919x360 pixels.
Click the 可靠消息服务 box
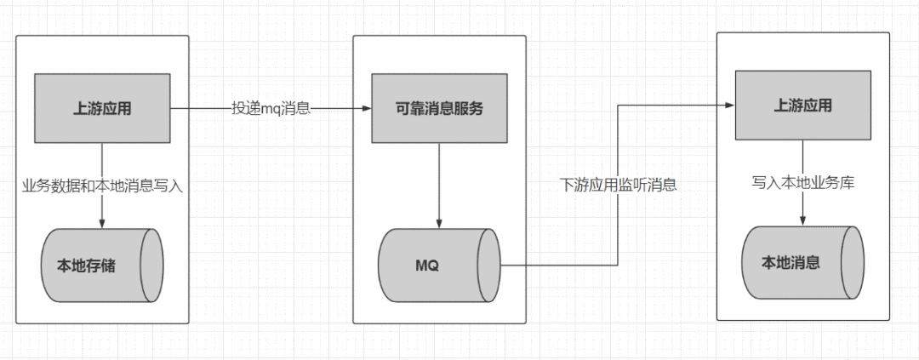click(x=440, y=108)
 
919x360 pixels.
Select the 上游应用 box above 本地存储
click(x=102, y=108)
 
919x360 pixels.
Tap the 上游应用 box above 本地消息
click(x=802, y=106)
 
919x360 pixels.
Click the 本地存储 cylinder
click(x=102, y=266)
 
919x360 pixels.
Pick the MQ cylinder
click(x=440, y=265)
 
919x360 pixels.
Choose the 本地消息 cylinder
click(x=802, y=262)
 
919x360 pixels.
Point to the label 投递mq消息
click(x=271, y=109)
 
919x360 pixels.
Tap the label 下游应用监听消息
click(x=618, y=185)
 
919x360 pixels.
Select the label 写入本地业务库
click(x=802, y=182)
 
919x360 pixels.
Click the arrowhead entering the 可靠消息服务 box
click(x=367, y=109)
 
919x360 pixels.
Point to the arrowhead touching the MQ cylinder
click(x=440, y=223)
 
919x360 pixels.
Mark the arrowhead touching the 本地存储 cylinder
click(x=102, y=224)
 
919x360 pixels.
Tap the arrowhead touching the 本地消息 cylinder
click(x=802, y=221)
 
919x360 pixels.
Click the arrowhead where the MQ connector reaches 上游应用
click(x=729, y=106)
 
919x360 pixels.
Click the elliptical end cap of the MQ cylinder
click(x=489, y=265)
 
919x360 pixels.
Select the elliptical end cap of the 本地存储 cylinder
click(x=152, y=266)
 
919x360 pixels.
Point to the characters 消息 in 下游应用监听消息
click(x=663, y=185)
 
